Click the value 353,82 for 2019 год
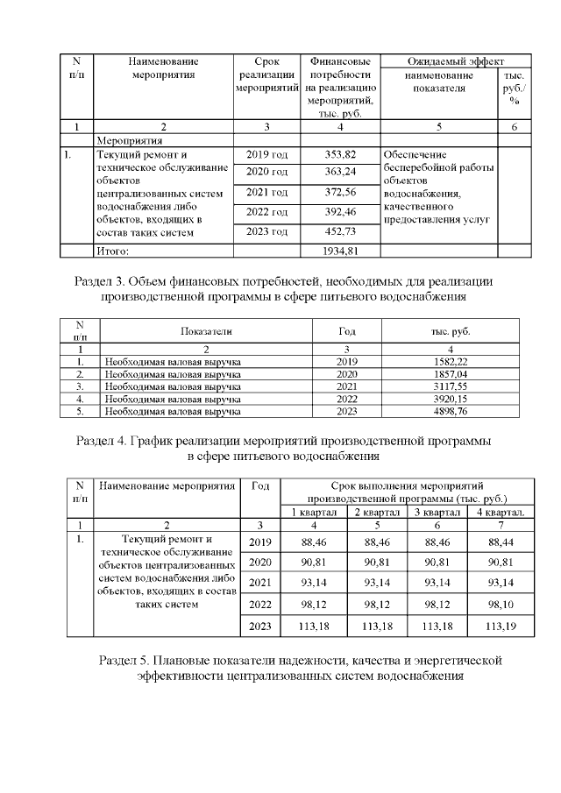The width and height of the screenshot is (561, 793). pyautogui.click(x=339, y=155)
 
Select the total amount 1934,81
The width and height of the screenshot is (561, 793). pyautogui.click(x=339, y=251)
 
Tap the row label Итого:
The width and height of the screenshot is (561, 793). pyautogui.click(x=112, y=251)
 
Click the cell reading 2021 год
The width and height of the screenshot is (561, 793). pyautogui.click(x=266, y=193)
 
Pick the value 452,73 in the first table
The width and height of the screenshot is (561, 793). pyautogui.click(x=339, y=232)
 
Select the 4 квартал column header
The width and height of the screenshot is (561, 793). pyautogui.click(x=500, y=512)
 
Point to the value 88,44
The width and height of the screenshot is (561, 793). pyautogui.click(x=500, y=542)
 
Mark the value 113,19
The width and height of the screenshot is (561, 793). pyautogui.click(x=500, y=627)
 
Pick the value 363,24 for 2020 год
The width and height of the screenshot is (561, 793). pyautogui.click(x=339, y=172)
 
